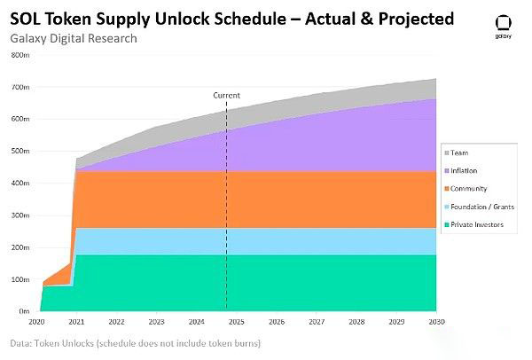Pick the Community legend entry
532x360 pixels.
pyautogui.click(x=471, y=189)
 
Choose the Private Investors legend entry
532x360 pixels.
pyautogui.click(x=478, y=224)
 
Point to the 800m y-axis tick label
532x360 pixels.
pyautogui.click(x=20, y=55)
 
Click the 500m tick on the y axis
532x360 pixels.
pyautogui.click(x=20, y=152)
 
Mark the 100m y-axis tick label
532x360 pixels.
pyautogui.click(x=20, y=280)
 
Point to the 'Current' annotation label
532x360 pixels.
pyautogui.click(x=227, y=95)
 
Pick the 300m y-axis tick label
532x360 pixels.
pyautogui.click(x=20, y=215)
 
